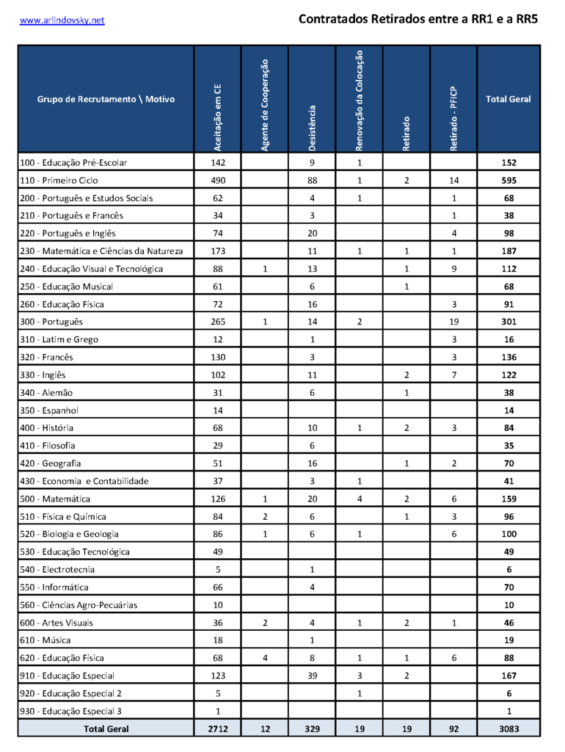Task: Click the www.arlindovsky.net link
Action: pos(62,20)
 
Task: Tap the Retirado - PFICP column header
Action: pos(453,117)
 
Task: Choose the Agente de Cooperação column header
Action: pos(265,106)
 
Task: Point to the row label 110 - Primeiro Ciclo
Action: pos(59,180)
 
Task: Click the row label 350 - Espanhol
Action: pos(49,410)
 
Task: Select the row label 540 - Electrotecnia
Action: pos(59,569)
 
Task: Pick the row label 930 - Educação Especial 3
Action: pos(70,711)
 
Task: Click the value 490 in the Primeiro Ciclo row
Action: pos(217,180)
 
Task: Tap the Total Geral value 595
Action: pos(508,180)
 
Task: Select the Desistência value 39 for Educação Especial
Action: pos(312,676)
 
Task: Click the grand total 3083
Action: pos(508,728)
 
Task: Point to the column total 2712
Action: pos(217,728)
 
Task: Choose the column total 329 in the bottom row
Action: pos(312,728)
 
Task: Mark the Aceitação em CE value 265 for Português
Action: pos(217,322)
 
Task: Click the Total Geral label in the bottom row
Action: pos(106,728)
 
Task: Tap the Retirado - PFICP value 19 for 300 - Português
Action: pos(453,322)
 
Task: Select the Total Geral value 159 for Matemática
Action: pos(508,499)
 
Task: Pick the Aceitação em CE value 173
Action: pos(217,251)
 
